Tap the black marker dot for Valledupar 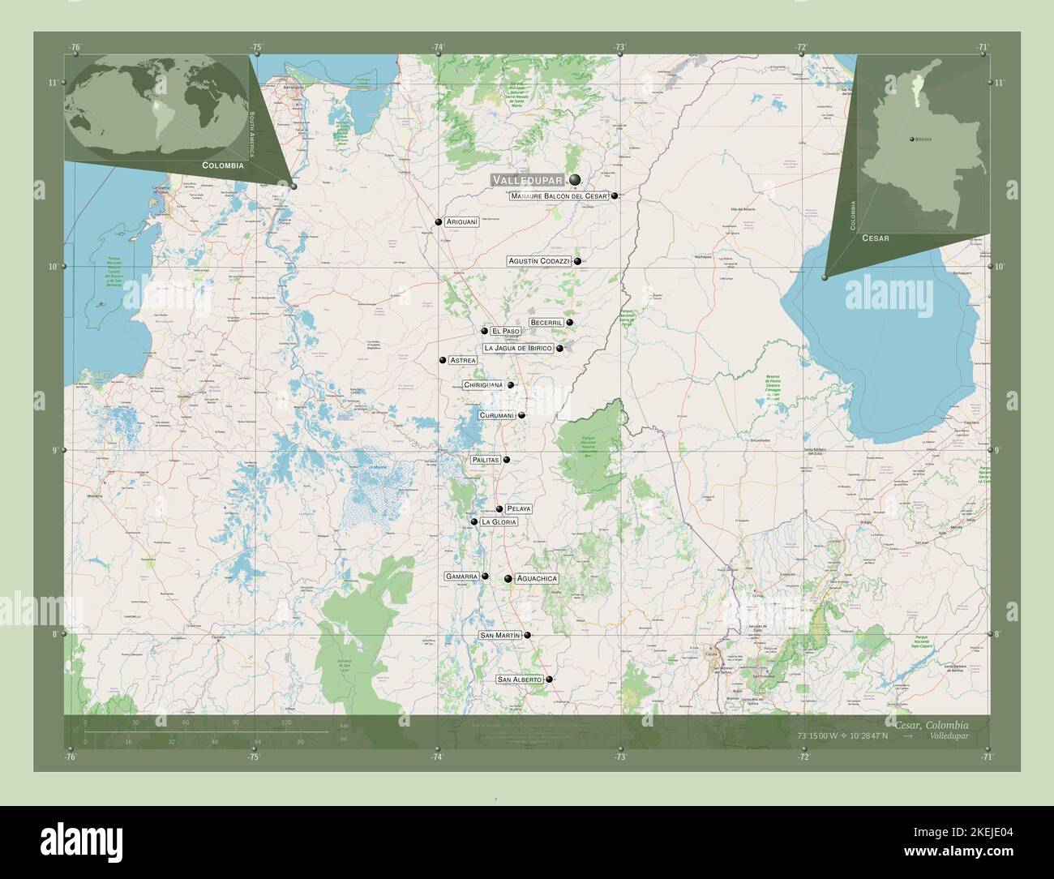575,179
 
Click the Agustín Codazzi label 539,261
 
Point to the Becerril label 546,323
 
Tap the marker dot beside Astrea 443,360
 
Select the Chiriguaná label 483,385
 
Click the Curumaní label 496,415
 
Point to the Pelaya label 518,509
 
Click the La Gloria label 499,522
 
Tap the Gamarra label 461,577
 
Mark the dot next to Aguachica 508,579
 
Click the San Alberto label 519,679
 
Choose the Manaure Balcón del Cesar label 559,196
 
